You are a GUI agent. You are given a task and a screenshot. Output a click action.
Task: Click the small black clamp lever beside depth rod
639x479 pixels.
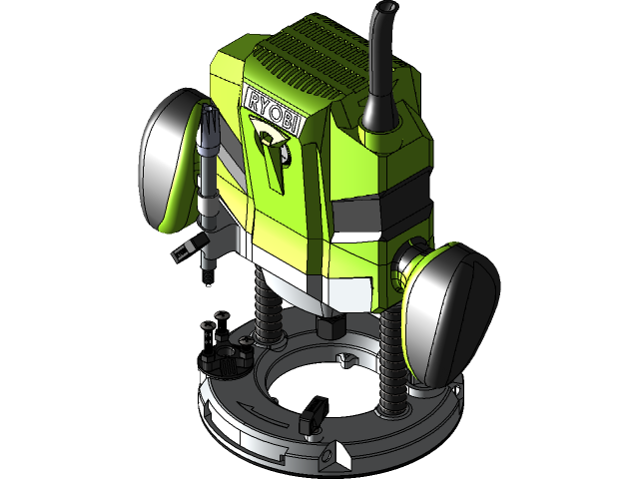coord(184,249)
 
